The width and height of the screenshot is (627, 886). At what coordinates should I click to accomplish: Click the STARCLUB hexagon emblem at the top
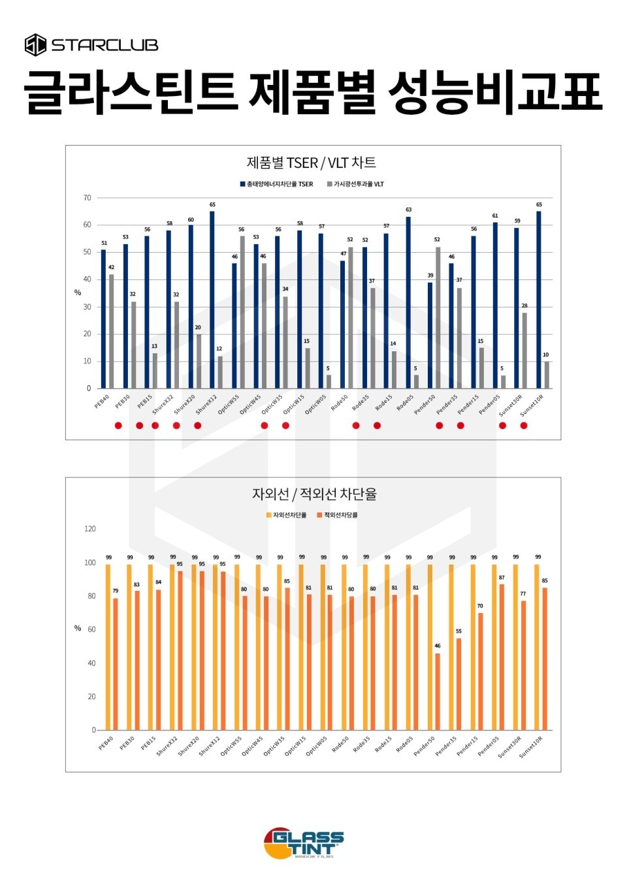click(35, 45)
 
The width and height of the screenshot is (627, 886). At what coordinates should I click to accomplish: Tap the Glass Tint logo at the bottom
click(304, 843)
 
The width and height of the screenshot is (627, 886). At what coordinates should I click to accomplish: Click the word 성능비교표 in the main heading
click(494, 92)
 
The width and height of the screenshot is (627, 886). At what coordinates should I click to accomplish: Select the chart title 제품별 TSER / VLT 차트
click(312, 163)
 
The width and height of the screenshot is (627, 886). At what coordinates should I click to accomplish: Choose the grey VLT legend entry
click(355, 184)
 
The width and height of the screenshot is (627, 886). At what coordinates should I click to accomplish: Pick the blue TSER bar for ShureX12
click(212, 300)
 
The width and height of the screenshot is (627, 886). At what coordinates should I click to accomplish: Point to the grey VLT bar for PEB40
click(111, 331)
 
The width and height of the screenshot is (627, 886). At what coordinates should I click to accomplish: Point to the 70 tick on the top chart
click(87, 198)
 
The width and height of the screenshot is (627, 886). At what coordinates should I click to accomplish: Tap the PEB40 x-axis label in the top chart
click(102, 402)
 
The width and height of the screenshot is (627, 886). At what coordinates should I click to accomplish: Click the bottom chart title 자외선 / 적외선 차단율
click(314, 494)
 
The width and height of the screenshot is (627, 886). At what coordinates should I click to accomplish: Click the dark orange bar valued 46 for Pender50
click(438, 691)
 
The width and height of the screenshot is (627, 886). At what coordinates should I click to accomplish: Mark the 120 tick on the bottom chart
click(89, 529)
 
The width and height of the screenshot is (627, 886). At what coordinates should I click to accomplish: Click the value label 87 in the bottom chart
click(502, 578)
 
